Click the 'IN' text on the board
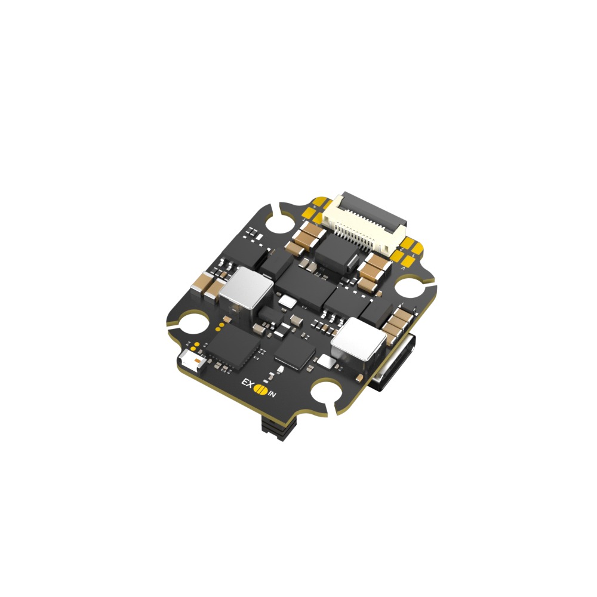coord(272,394)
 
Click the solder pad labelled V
coord(404,269)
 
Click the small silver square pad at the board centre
coord(288,303)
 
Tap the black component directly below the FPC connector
coord(336,254)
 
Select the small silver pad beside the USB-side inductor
coord(326,360)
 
